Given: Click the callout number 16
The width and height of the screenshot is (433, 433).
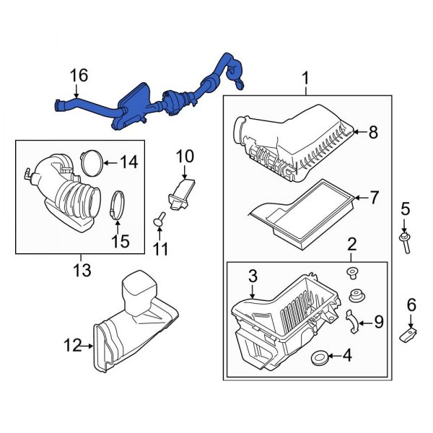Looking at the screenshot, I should coord(79,76).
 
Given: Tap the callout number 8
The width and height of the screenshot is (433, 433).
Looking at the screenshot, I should coord(373,132).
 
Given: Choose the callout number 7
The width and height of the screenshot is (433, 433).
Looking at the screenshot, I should coord(374,196).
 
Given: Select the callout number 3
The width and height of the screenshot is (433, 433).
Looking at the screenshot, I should coord(253,276).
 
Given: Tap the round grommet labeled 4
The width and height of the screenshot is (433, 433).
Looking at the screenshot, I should coord(319,356).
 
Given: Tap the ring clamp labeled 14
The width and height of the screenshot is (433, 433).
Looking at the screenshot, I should coord(90,160).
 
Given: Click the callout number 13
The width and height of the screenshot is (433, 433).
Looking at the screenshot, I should coord(82,271).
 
